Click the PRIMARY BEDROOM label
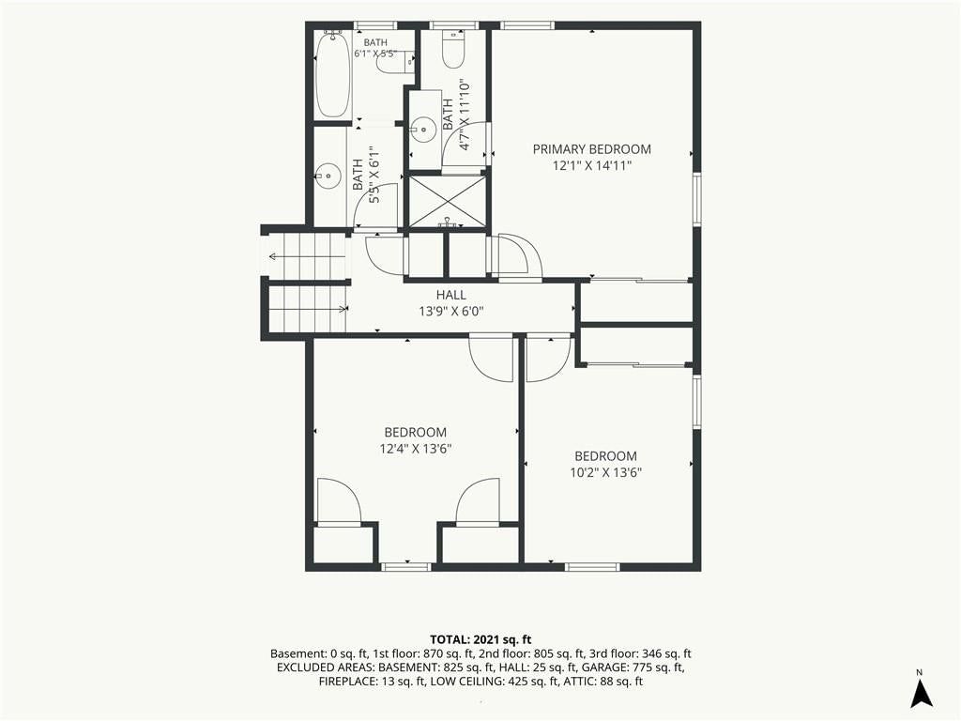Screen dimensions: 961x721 591,149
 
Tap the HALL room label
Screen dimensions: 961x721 451,295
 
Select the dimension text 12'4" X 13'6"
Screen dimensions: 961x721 416,449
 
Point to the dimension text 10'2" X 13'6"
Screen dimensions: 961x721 605,473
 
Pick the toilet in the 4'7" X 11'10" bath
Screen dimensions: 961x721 454,49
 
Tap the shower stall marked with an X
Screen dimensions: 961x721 448,202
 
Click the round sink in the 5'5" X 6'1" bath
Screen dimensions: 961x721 329,176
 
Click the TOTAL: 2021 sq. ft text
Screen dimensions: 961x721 480,640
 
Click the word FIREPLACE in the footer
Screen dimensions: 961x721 345,682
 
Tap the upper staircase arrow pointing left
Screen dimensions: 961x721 308,256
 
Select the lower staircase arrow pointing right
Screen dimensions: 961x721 308,310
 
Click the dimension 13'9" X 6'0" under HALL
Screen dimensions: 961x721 451,312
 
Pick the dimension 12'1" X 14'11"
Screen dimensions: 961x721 591,165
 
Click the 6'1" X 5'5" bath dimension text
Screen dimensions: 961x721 375,54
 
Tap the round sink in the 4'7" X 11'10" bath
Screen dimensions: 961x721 422,129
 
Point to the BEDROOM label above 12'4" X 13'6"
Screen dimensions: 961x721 416,432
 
